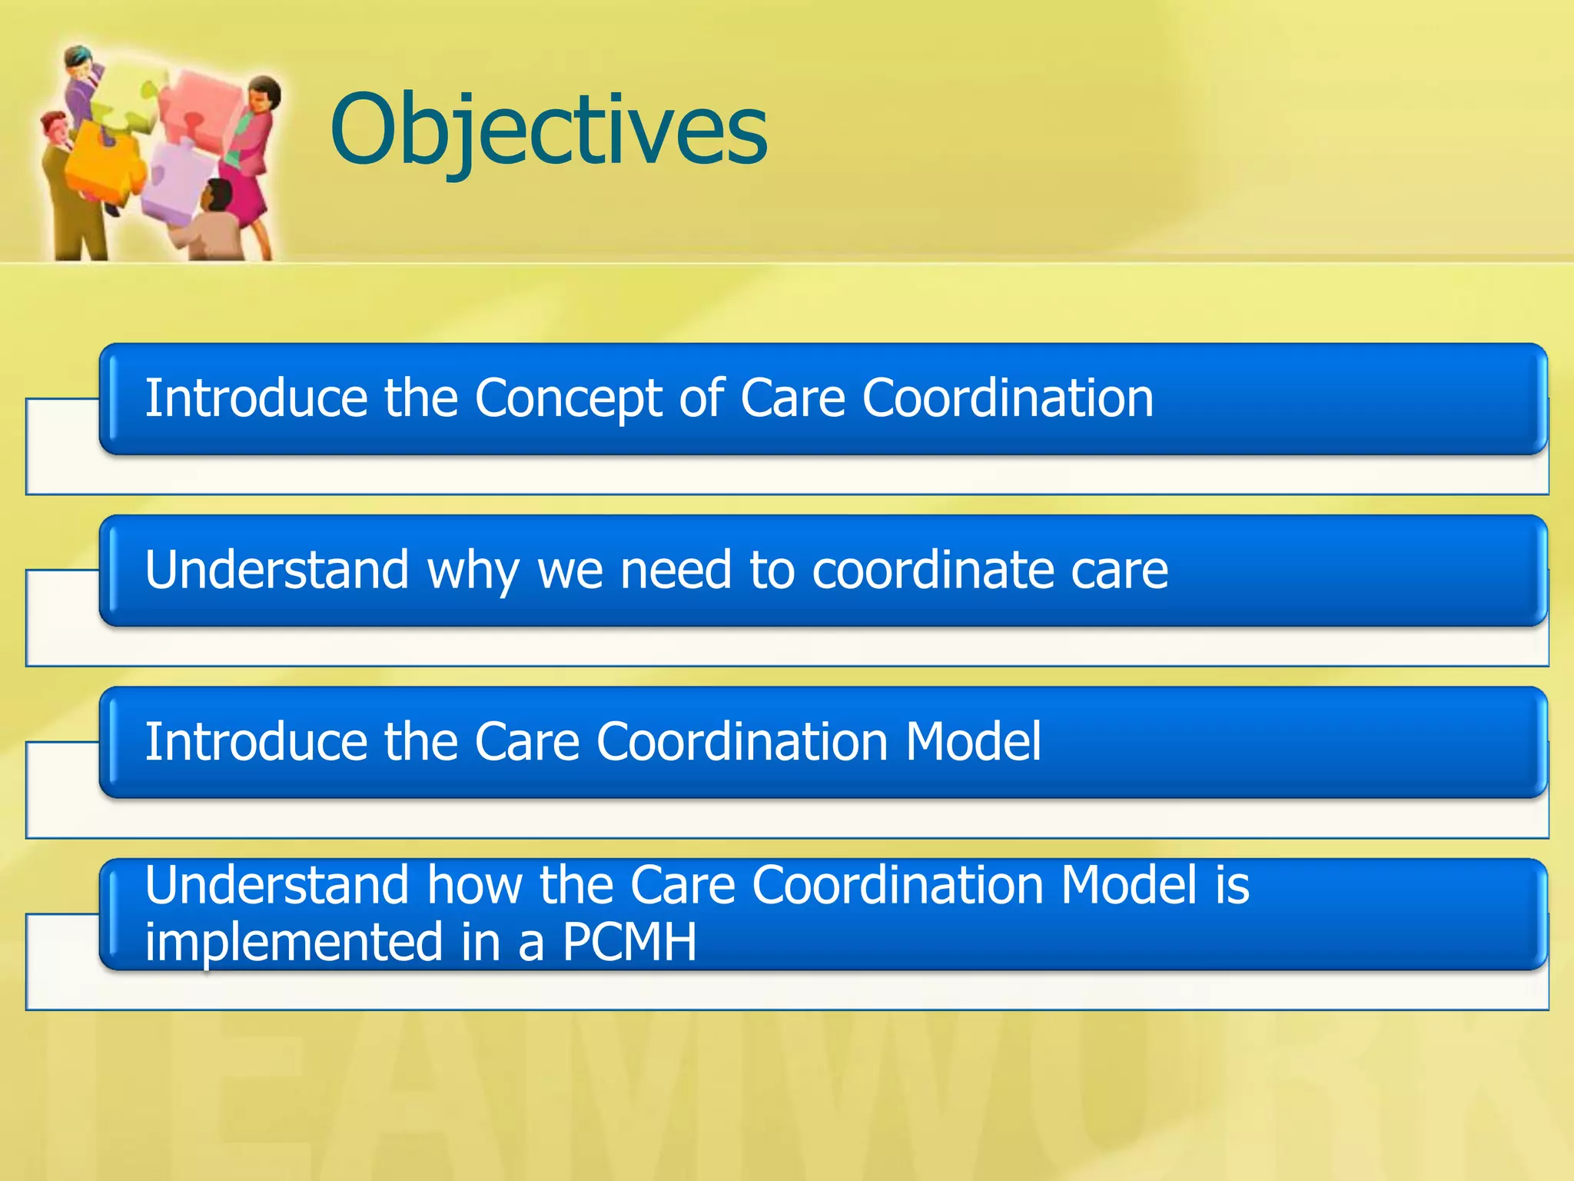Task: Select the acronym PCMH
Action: (x=629, y=942)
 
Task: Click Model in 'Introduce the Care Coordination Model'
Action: (x=973, y=742)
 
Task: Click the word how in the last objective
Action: (x=474, y=885)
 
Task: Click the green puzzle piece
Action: (x=127, y=108)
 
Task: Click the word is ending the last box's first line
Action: (x=1232, y=885)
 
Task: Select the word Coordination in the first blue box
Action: (x=1007, y=398)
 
